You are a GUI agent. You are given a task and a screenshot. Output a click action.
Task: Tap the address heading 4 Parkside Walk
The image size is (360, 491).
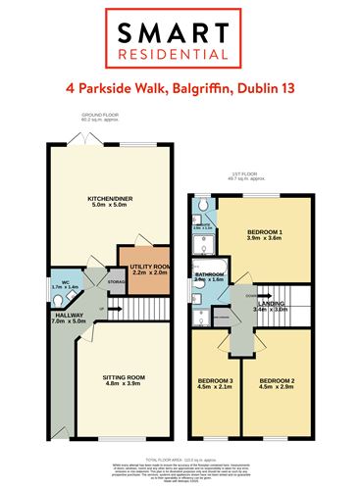[180, 89]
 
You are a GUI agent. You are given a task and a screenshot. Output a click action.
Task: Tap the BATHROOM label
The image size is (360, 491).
[211, 275]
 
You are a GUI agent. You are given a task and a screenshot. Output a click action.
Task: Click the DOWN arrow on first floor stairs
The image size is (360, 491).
[252, 294]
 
